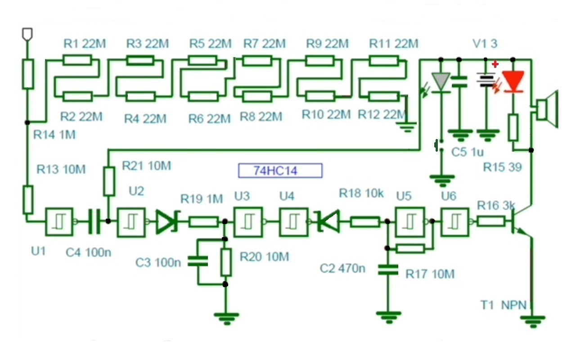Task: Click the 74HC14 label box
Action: [280, 171]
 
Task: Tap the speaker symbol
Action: [546, 109]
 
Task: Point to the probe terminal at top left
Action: [27, 34]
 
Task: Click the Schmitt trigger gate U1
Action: [59, 222]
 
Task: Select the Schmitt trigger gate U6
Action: [455, 222]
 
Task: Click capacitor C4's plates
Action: [94, 221]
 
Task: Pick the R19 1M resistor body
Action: [203, 222]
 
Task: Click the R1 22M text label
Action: [85, 44]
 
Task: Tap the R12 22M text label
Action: [382, 114]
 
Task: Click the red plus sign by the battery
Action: [495, 64]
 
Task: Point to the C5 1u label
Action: [468, 152]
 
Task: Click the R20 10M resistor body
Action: [226, 262]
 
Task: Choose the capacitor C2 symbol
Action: [388, 270]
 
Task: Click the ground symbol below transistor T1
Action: [532, 321]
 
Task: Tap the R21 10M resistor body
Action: [109, 181]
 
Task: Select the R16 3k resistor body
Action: [490, 222]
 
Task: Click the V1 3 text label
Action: [485, 44]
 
